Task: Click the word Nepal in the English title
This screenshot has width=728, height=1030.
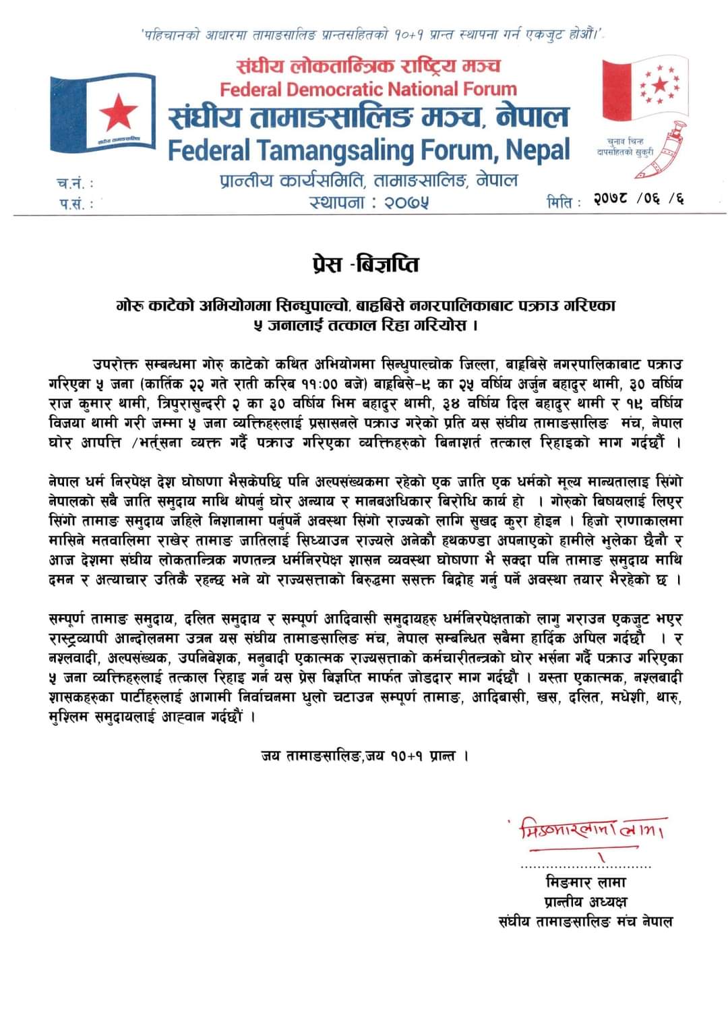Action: tap(538, 150)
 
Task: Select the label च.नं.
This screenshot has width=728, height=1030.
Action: tap(74, 183)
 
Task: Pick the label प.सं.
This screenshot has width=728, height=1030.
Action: tap(74, 203)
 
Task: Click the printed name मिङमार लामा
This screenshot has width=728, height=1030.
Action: tap(585, 882)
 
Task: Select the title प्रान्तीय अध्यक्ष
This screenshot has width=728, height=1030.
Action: tap(585, 901)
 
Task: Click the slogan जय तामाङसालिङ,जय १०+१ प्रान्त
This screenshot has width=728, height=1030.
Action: tap(364, 756)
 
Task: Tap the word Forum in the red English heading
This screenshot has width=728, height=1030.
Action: tap(486, 89)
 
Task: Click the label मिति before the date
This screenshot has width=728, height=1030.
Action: tap(564, 202)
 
